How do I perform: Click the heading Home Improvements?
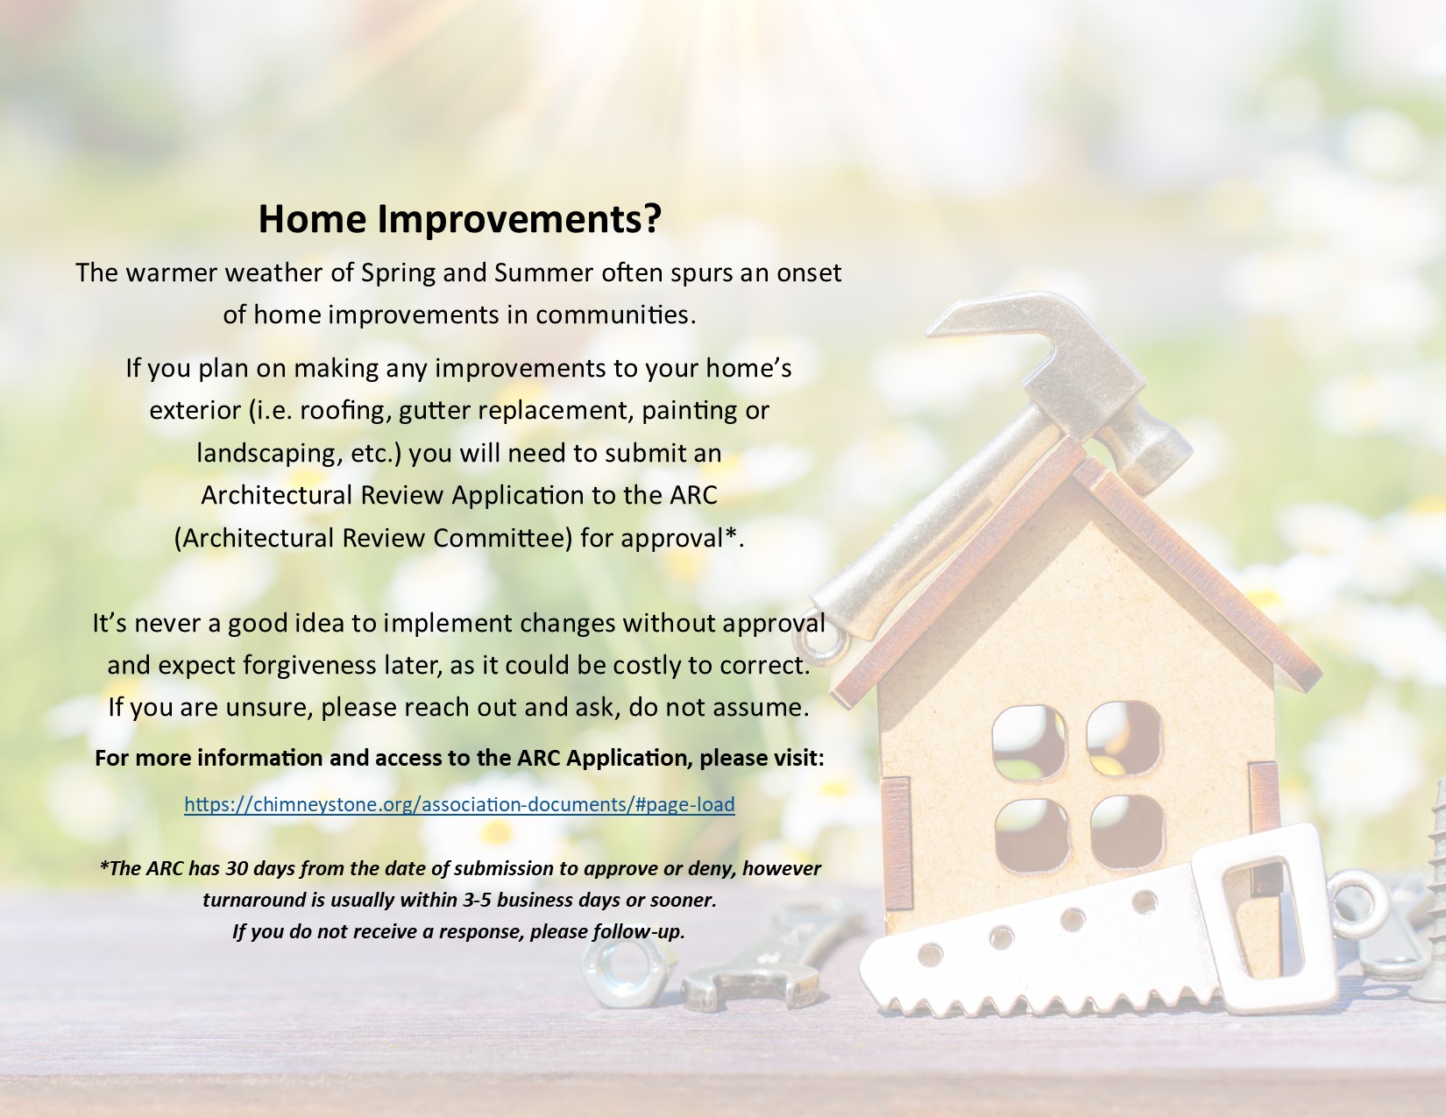tap(460, 218)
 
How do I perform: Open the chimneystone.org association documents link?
tap(459, 804)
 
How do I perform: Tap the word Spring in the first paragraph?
tap(398, 273)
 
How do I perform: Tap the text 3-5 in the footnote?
tap(477, 900)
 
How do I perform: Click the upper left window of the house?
tap(1029, 742)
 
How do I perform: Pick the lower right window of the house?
tap(1127, 831)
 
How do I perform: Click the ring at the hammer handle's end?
tap(819, 634)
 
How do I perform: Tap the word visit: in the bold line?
tap(797, 759)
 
